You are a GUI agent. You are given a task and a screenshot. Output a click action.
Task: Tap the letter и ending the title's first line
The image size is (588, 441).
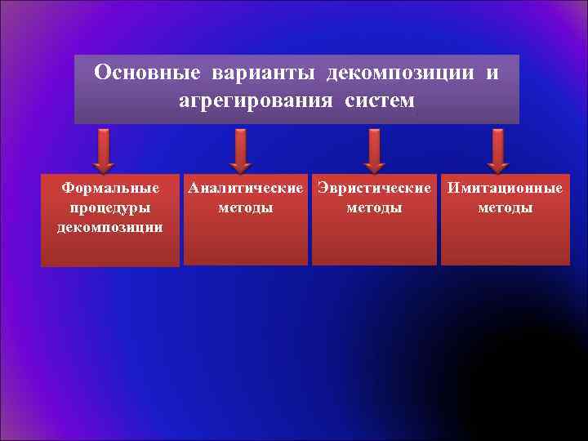click(x=492, y=74)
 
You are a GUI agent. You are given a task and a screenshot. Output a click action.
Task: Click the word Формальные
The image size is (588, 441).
click(x=110, y=189)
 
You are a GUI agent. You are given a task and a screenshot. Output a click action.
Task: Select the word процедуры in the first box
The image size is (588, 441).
click(x=110, y=207)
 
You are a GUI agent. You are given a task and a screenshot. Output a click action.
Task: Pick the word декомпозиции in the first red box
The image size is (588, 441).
click(x=110, y=226)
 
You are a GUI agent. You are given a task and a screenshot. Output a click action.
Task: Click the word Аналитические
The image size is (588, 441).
click(x=245, y=189)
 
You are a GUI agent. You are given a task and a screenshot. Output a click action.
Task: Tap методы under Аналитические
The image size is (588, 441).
click(x=245, y=207)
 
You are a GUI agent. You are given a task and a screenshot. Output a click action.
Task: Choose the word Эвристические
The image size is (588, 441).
click(x=374, y=189)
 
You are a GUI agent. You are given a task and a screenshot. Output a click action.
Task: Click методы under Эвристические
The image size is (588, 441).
click(x=374, y=207)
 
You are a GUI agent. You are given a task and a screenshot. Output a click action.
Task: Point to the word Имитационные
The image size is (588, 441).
click(x=505, y=189)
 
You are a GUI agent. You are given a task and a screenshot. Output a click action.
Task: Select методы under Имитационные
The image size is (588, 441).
click(x=505, y=207)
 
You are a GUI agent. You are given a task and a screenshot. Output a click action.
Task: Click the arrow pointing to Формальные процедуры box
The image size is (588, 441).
click(x=104, y=149)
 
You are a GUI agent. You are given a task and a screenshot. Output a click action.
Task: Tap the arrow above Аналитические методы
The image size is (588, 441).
click(x=238, y=149)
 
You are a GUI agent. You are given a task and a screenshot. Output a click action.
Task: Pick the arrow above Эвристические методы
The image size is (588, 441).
click(x=374, y=149)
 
